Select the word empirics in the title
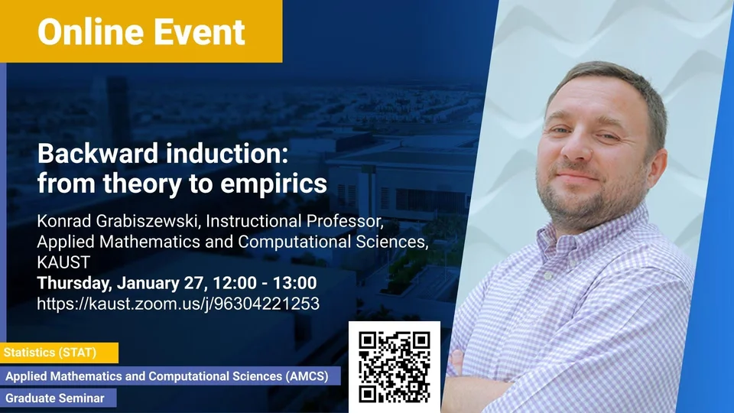click(x=274, y=184)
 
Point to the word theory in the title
click(x=143, y=184)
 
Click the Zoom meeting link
click(x=178, y=304)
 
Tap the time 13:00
click(x=295, y=283)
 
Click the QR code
click(x=395, y=367)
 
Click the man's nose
click(x=576, y=149)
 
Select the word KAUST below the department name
click(x=63, y=262)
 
